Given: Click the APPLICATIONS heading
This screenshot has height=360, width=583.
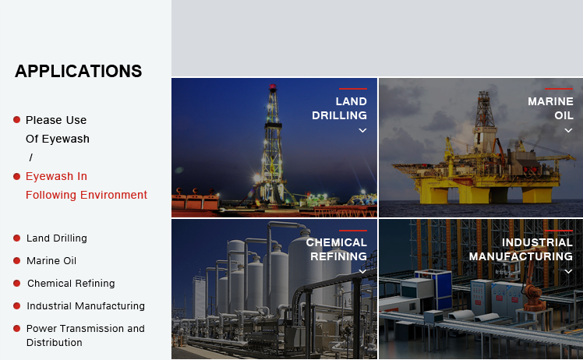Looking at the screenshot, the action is (79, 71).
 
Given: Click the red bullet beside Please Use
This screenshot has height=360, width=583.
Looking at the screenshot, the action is (16, 119).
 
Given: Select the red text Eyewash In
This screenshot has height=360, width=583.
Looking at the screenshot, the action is (56, 176).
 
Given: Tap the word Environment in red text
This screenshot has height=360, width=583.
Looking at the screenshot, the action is (114, 195).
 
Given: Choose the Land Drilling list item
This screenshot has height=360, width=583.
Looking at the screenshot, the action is (57, 238).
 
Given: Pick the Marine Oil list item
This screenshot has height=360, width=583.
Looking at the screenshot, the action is (51, 261).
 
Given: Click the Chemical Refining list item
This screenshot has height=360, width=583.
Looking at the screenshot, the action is (71, 284).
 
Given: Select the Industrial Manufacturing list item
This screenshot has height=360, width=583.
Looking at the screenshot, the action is (86, 305).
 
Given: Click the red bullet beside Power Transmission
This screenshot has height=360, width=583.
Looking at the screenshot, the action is (16, 328).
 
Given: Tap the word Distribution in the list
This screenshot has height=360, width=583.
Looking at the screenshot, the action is (55, 343).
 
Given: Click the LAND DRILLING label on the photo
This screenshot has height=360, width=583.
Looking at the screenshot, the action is (340, 108).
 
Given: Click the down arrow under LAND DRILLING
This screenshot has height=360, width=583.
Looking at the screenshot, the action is (362, 131).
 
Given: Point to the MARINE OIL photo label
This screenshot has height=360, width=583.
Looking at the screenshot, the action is (550, 108).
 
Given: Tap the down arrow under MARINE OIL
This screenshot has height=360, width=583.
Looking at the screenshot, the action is (568, 131).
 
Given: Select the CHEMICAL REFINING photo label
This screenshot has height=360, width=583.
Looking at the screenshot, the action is (337, 249).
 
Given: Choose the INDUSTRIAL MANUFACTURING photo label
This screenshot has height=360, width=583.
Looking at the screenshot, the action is (521, 249).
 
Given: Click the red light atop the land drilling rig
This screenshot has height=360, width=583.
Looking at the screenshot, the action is (273, 88).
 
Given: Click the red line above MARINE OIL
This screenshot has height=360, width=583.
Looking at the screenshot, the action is (559, 89).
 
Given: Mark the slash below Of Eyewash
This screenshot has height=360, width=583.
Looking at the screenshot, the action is (31, 157).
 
